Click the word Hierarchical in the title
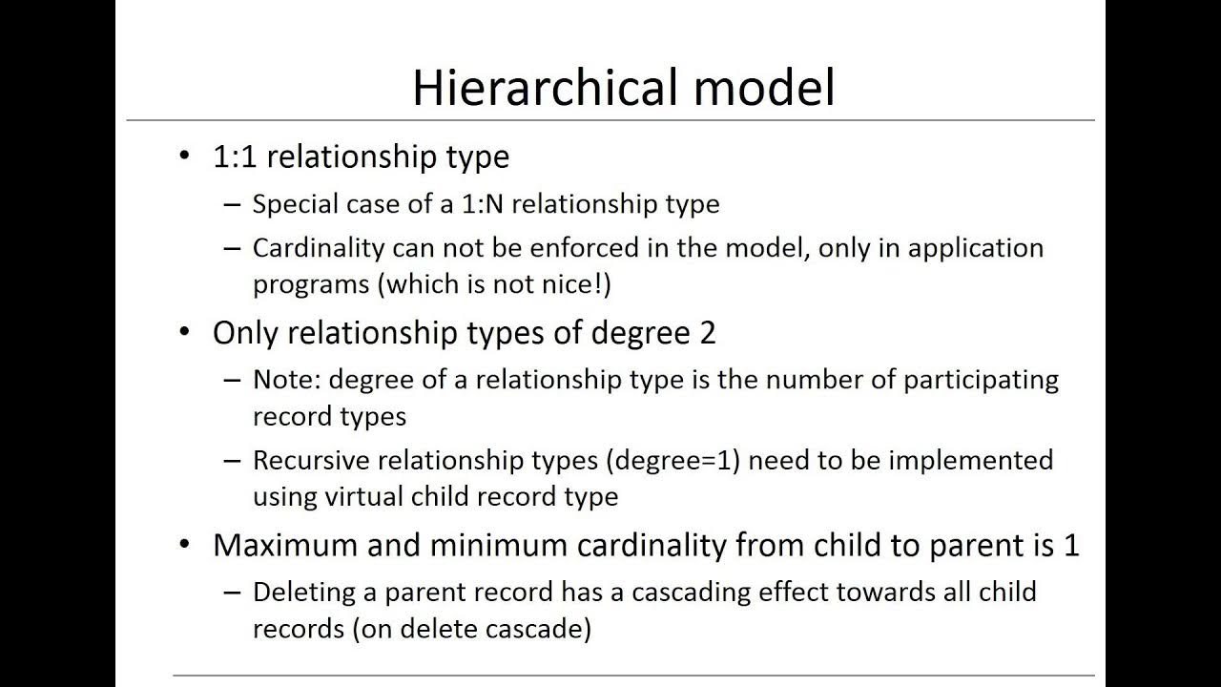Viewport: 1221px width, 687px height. coord(545,88)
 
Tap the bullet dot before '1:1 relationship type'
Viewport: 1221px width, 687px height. coord(185,156)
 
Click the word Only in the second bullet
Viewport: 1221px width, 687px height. coord(246,333)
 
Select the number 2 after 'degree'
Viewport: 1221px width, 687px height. coord(707,333)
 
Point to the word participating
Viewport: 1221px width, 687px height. coord(981,380)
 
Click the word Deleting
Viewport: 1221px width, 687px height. coord(303,593)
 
